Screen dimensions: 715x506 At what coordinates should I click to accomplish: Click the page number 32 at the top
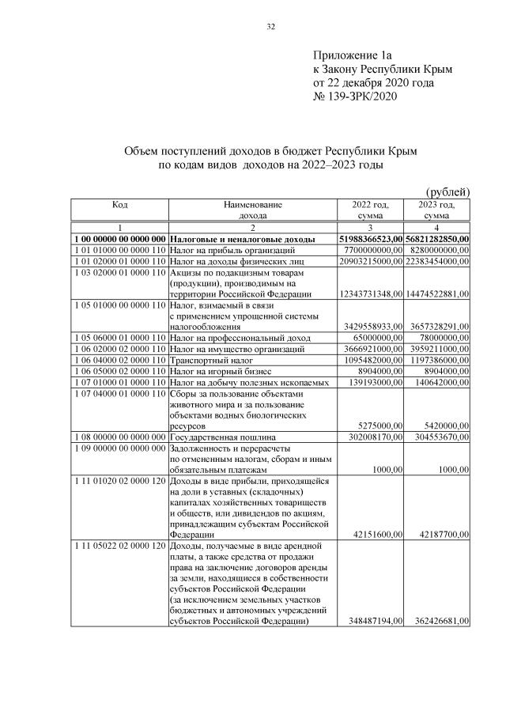(x=270, y=27)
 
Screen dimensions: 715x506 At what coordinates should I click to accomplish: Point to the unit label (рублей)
(x=448, y=191)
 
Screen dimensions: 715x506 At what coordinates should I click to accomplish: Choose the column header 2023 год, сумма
(x=437, y=210)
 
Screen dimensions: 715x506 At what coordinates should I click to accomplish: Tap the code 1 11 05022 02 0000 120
(x=120, y=546)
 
